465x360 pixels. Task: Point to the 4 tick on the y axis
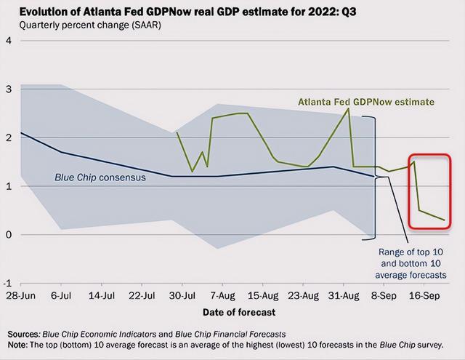coord(8,40)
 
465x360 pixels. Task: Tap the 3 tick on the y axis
coord(8,89)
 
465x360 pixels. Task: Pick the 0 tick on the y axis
coord(8,234)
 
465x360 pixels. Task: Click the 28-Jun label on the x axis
coord(22,297)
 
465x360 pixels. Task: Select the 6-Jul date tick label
coord(64,297)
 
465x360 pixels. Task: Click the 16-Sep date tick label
coord(424,297)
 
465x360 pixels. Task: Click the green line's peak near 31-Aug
coord(348,108)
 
